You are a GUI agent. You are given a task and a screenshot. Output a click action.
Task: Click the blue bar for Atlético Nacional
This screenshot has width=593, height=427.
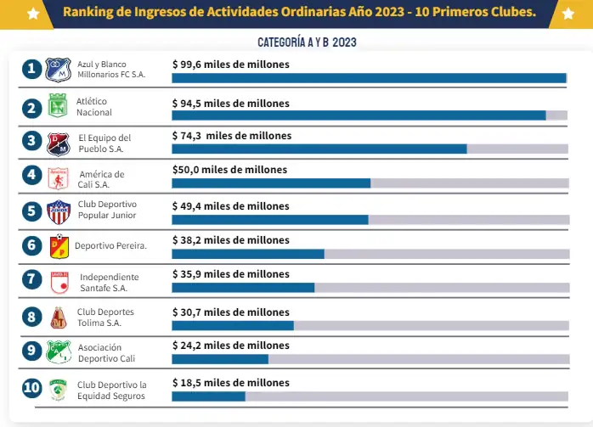coord(359,115)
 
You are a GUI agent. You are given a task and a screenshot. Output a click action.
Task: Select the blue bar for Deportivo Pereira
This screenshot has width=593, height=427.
coord(248,254)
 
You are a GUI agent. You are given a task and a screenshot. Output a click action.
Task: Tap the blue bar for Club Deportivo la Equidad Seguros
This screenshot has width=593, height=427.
coord(208,396)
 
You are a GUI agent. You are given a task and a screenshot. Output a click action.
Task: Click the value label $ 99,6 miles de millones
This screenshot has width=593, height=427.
coord(231,65)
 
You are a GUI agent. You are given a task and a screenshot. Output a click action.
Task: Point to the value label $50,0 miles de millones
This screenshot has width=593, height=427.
coord(229,170)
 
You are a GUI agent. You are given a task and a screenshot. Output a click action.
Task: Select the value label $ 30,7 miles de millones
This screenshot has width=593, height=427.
coord(231,311)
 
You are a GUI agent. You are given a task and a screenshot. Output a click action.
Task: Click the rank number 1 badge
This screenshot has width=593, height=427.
coord(32,70)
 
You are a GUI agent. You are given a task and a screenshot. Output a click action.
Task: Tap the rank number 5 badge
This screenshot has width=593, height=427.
coord(32,211)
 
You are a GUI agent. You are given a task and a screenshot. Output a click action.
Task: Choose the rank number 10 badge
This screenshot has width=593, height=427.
coord(32,389)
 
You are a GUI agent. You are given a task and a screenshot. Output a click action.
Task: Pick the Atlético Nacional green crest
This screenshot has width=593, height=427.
coord(58,108)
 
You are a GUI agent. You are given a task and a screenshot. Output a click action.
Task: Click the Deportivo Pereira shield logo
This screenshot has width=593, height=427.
coord(58,246)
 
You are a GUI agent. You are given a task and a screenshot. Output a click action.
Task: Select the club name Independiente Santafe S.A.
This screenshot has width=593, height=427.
coord(109,282)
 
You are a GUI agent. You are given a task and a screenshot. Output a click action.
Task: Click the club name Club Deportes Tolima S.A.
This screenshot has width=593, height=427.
coord(105,317)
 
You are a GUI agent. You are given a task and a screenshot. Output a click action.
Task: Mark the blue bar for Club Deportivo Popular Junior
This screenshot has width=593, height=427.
coord(270,219)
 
